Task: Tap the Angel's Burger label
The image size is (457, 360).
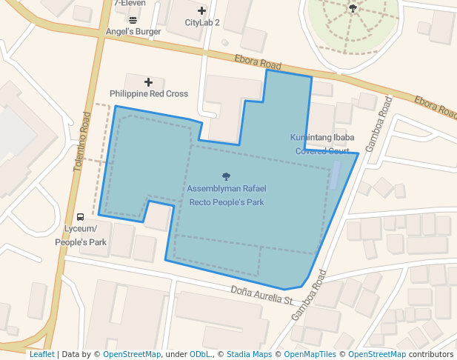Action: pyautogui.click(x=133, y=32)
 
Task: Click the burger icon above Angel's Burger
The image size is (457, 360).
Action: pyautogui.click(x=133, y=20)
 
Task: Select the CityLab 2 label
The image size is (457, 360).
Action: pyautogui.click(x=202, y=23)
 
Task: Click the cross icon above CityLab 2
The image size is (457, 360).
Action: pyautogui.click(x=201, y=10)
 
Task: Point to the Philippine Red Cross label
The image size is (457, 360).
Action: pyautogui.click(x=149, y=94)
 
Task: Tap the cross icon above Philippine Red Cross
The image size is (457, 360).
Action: pyautogui.click(x=148, y=81)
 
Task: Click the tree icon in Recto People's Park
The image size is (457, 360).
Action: pyautogui.click(x=226, y=176)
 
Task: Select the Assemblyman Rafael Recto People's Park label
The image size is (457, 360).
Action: pyautogui.click(x=226, y=196)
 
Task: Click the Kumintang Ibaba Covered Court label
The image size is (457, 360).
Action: pyautogui.click(x=322, y=144)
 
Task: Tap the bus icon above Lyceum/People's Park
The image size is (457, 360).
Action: pyautogui.click(x=80, y=217)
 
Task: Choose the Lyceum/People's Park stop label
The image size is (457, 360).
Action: pyautogui.click(x=81, y=236)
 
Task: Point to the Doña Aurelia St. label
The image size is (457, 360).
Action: pyautogui.click(x=262, y=295)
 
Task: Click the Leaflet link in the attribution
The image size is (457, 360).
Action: pyautogui.click(x=41, y=354)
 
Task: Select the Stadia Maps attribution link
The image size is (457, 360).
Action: pyautogui.click(x=249, y=354)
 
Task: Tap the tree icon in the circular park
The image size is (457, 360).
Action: pyautogui.click(x=353, y=9)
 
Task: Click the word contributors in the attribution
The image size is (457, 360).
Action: pyautogui.click(x=431, y=354)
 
